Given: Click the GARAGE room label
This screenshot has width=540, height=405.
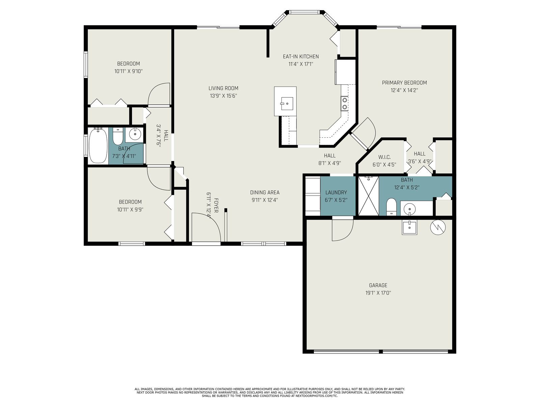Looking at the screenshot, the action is coord(378,285).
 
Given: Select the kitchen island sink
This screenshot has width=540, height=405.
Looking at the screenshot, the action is coord(287,104).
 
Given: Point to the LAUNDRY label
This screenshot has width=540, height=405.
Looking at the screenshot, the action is coord(336,192).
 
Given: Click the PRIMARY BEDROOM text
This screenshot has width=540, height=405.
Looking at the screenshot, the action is coord(404,83).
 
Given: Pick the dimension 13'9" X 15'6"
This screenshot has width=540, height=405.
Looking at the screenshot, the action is coord(223,96).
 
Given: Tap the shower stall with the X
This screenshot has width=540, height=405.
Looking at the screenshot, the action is coord(368,196).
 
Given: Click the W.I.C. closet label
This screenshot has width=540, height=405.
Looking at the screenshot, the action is coord(384,157).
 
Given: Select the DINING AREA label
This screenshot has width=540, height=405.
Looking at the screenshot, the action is coord(265,192).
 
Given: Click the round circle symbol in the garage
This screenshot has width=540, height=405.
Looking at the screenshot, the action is coord(438,227).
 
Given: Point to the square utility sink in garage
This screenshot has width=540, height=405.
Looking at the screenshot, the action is coord(409,227).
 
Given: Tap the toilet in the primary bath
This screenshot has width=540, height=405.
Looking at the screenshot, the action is coord(391,207).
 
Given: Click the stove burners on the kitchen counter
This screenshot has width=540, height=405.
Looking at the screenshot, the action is coord(345,103).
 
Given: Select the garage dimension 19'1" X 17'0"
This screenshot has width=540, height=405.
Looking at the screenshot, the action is coord(378,293).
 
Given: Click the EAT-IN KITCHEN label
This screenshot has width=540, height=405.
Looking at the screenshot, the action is coord(301,56).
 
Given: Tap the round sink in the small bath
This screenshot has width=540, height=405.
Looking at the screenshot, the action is coord(135,134).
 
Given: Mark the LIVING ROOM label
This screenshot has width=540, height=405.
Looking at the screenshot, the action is coord(223,88).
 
